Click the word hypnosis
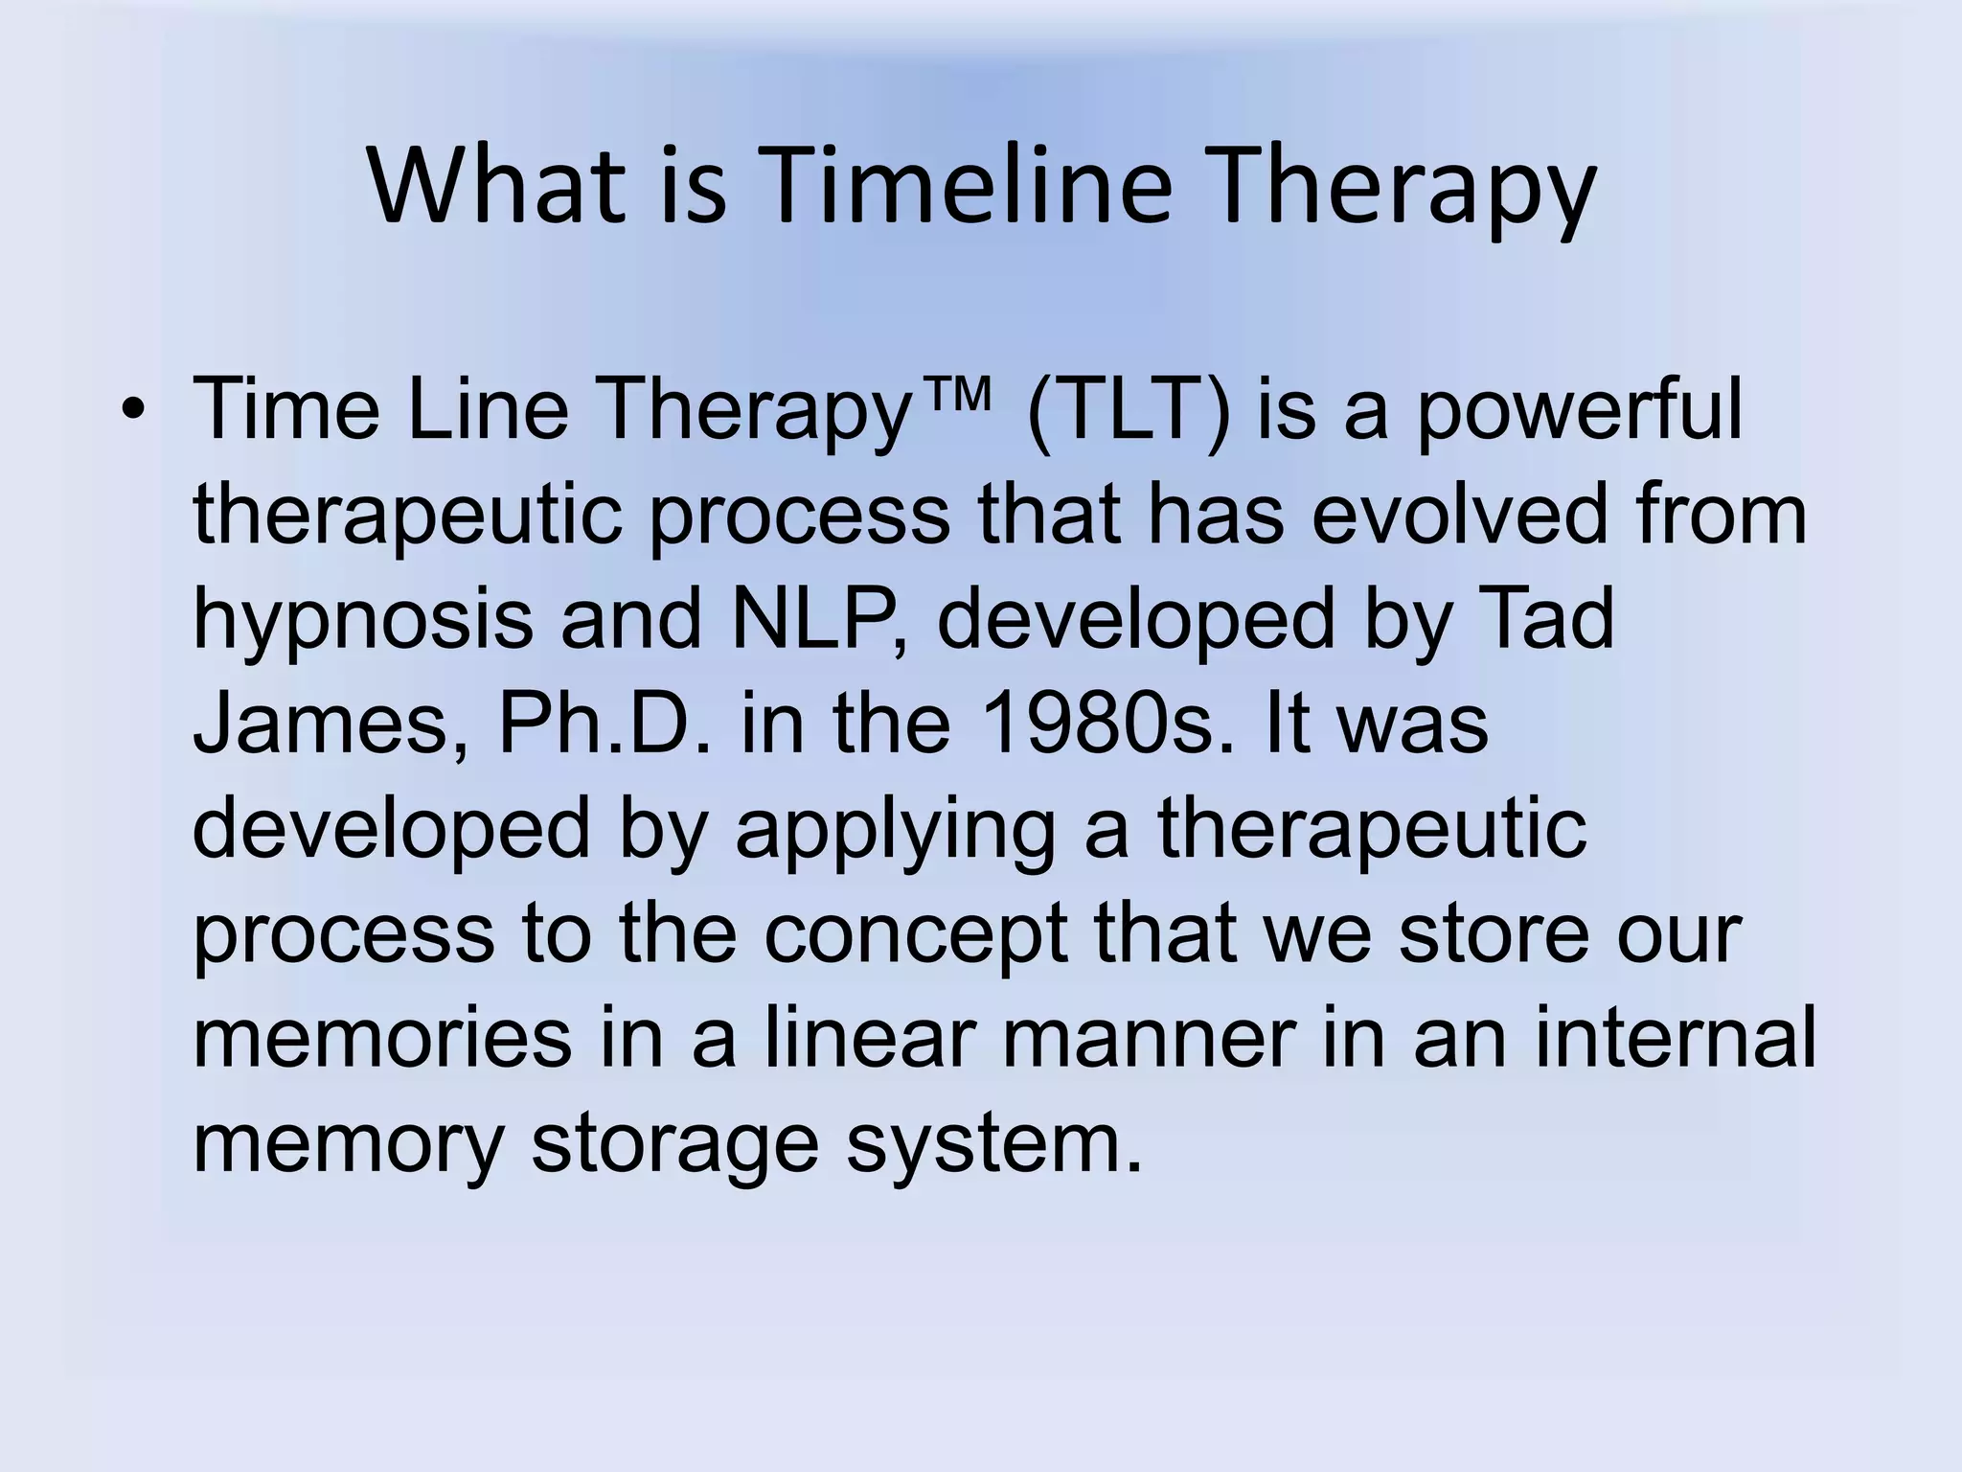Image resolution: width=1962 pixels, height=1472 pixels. [362, 620]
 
